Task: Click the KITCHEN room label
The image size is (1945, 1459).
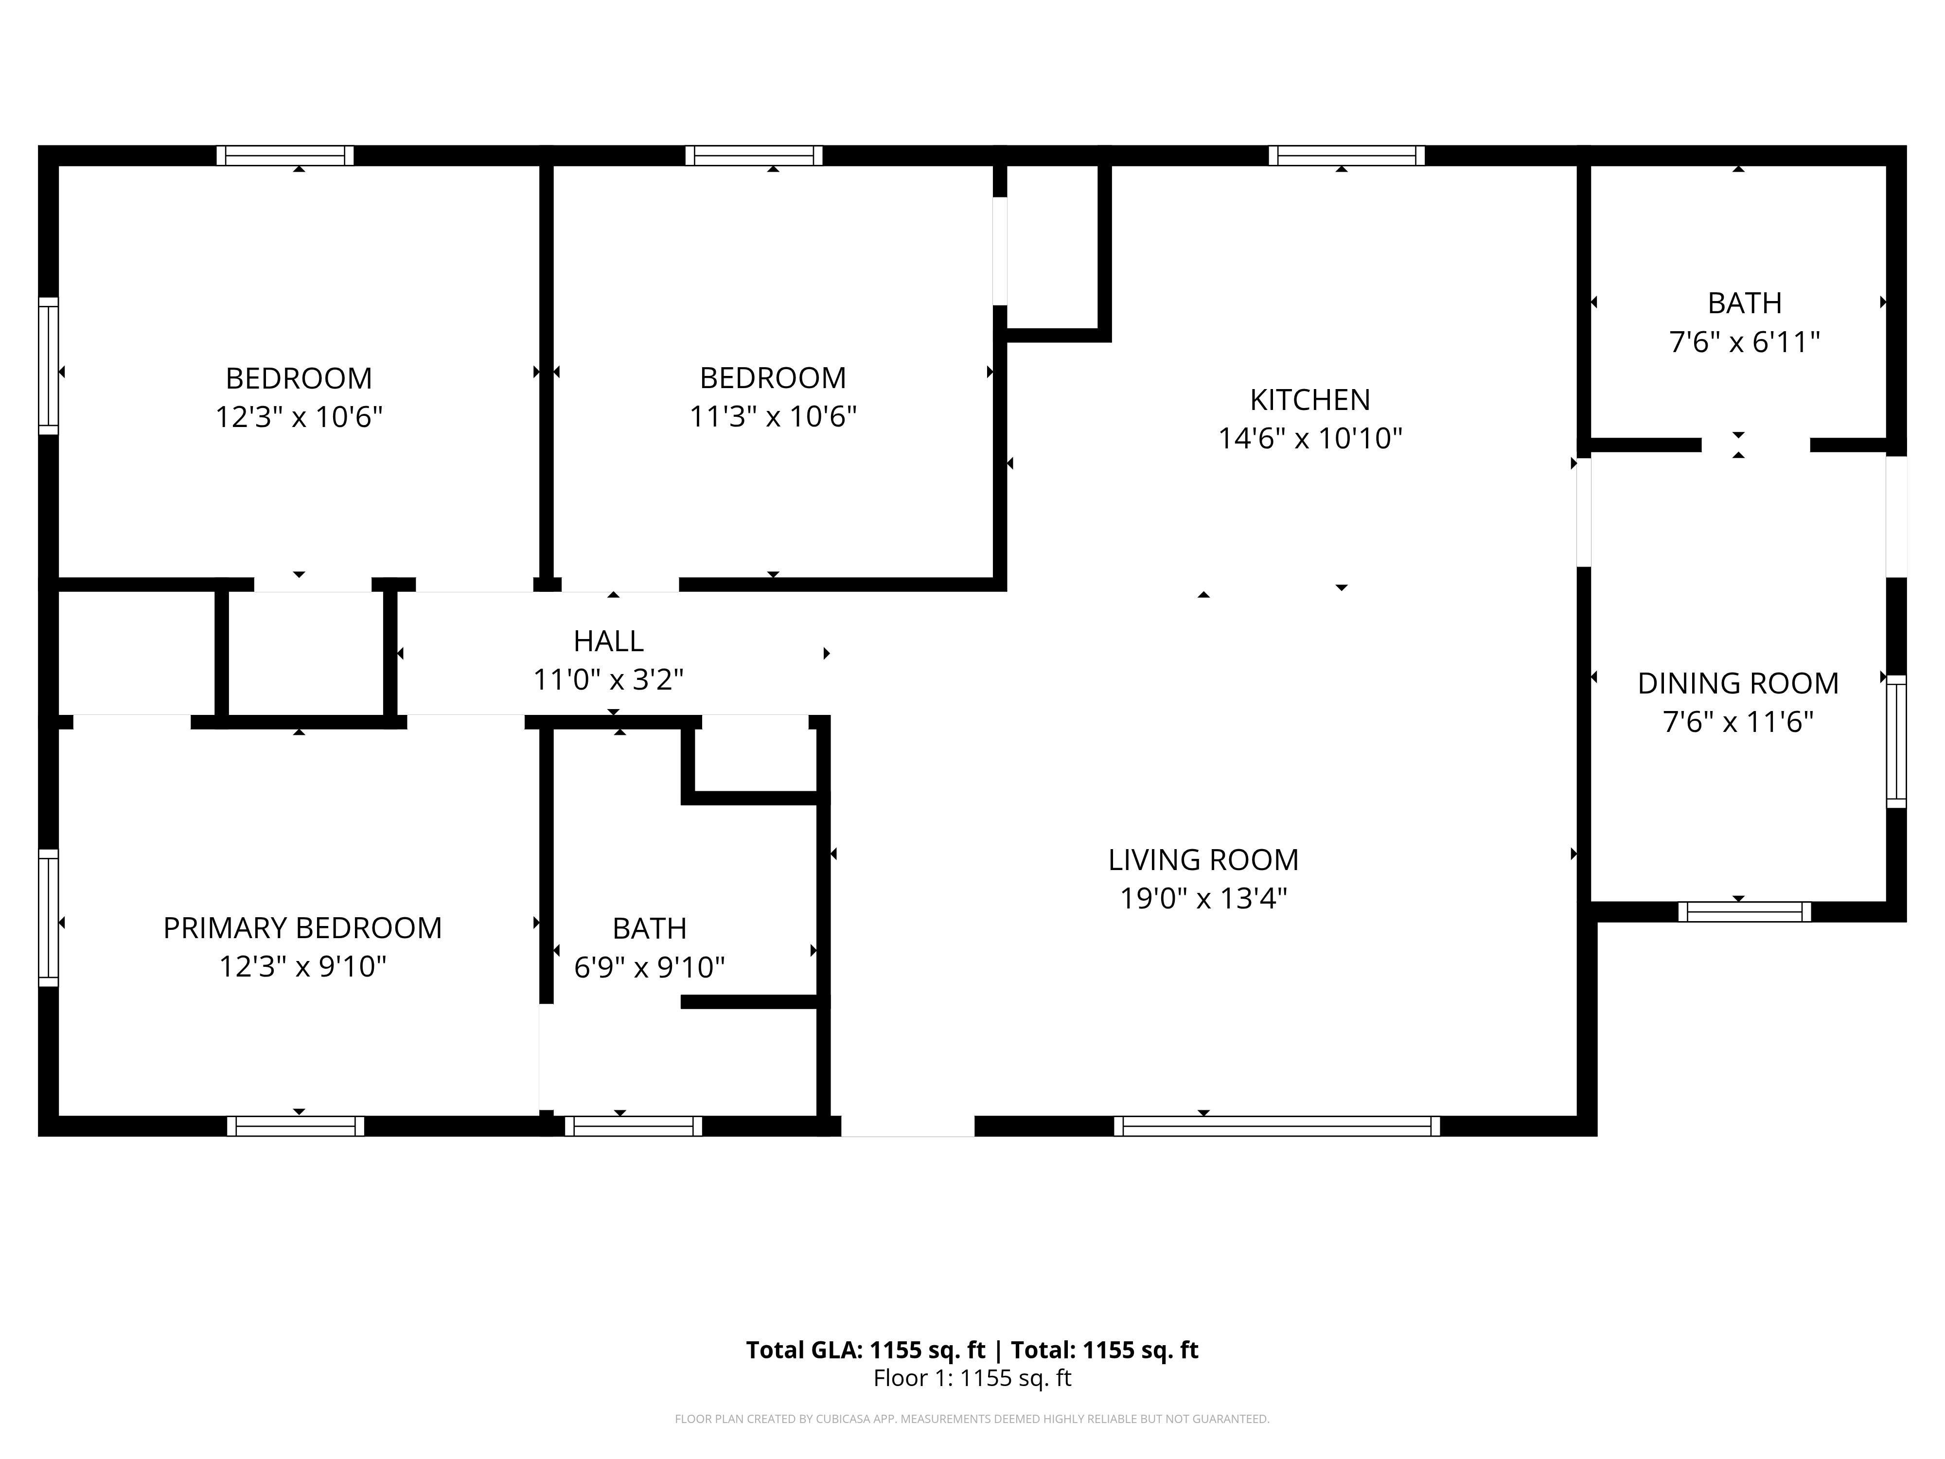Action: (1309, 400)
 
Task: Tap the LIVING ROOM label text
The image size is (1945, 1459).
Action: (1203, 860)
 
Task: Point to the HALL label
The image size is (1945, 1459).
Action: (608, 641)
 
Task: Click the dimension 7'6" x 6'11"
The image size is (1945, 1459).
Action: (1745, 341)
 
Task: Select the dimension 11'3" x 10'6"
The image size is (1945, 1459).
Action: (773, 416)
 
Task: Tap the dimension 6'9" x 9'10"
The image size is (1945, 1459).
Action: (649, 967)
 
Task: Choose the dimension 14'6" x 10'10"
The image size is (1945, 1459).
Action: (1309, 438)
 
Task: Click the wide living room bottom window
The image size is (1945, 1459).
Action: (1277, 1126)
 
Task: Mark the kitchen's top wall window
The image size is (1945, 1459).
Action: (1346, 156)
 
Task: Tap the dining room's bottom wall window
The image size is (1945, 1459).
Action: (1745, 912)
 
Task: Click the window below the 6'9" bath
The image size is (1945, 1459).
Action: (633, 1126)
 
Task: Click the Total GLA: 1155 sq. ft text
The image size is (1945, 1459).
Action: (866, 1350)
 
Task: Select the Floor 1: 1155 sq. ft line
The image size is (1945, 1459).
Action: (972, 1378)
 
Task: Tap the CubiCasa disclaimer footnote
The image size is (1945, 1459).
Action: (972, 1419)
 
